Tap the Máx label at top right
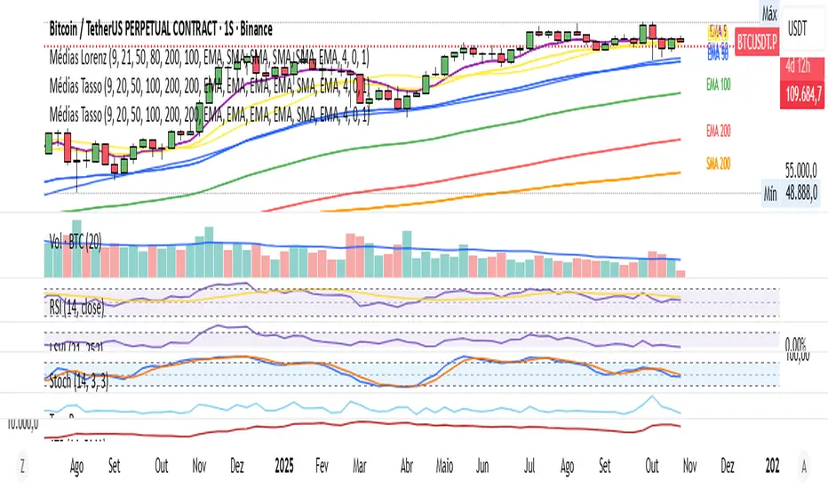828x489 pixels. coord(769,13)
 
